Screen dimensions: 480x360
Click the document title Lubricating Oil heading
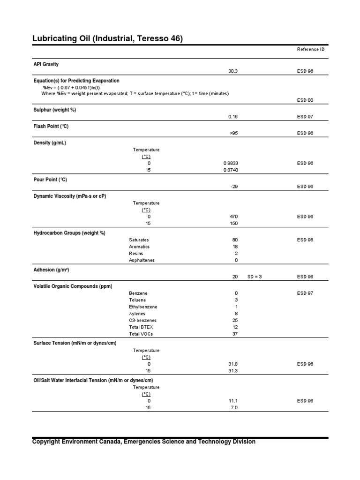point(107,38)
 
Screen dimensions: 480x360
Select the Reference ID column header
point(310,49)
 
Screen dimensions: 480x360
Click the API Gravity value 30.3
point(233,71)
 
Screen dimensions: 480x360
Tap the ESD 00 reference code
point(305,100)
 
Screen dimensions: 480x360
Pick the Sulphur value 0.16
point(233,117)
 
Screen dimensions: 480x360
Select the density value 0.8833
point(233,163)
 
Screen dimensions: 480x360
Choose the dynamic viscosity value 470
point(234,217)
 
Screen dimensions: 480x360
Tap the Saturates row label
point(139,240)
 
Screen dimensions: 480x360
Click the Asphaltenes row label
point(141,260)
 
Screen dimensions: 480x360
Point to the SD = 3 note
point(255,277)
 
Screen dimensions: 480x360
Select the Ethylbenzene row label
point(143,307)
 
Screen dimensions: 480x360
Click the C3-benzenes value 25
point(235,320)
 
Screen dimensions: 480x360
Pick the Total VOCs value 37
point(235,334)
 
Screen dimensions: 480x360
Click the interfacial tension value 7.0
point(234,408)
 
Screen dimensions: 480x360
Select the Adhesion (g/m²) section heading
point(51,270)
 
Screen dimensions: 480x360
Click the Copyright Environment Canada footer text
point(143,442)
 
